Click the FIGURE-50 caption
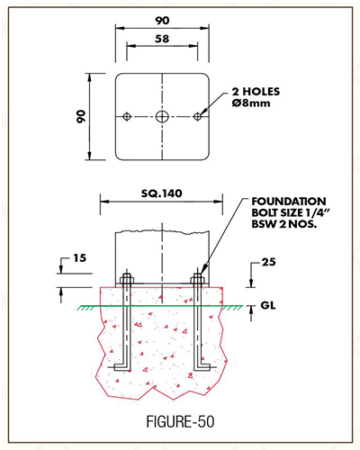click(x=180, y=421)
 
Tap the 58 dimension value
click(x=162, y=39)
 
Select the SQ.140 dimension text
click(x=162, y=193)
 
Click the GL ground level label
click(x=268, y=305)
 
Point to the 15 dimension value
click(x=80, y=258)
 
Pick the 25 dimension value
click(x=268, y=262)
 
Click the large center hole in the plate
click(x=162, y=116)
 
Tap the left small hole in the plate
click(x=127, y=116)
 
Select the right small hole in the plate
click(x=197, y=116)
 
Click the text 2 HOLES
click(x=256, y=92)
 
